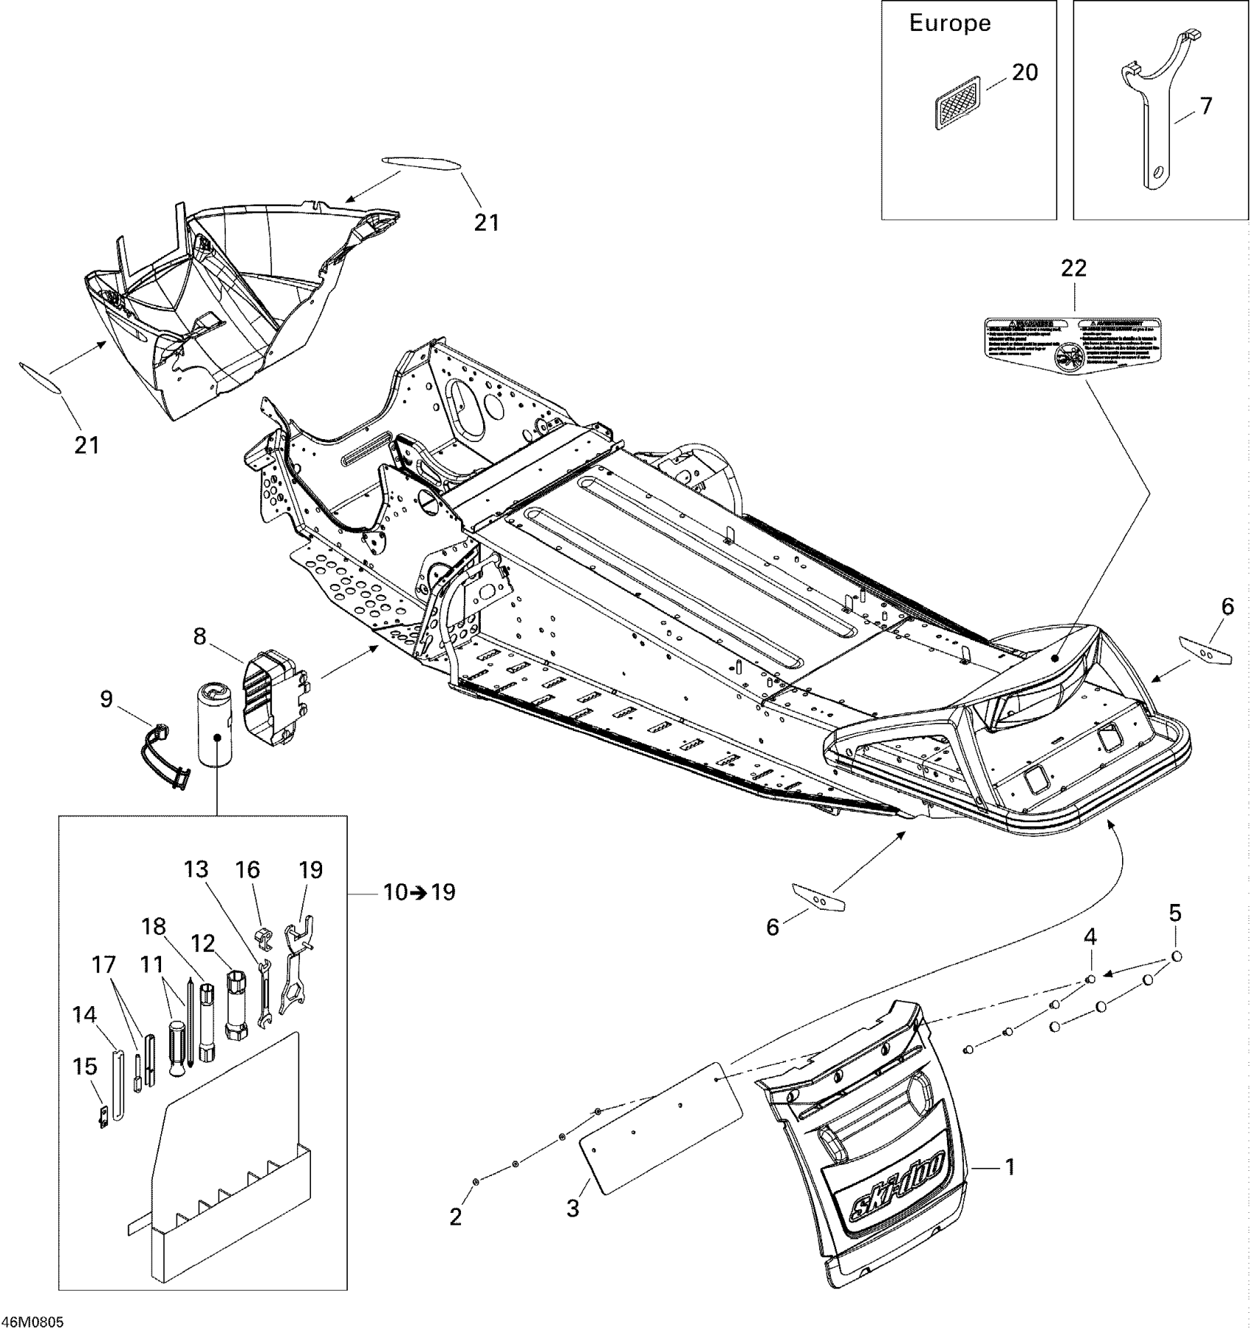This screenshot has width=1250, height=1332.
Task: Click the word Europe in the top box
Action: [950, 24]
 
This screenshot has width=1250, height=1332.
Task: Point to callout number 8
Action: [200, 636]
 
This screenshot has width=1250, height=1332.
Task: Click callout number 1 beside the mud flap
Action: [1010, 1167]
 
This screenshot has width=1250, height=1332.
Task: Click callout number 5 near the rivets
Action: [1175, 913]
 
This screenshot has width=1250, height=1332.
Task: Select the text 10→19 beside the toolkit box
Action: [419, 892]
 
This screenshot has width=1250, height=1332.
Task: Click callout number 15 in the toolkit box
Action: [85, 1066]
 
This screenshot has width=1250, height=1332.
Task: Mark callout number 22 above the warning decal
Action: [1074, 268]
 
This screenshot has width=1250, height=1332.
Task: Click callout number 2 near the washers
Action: [456, 1217]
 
